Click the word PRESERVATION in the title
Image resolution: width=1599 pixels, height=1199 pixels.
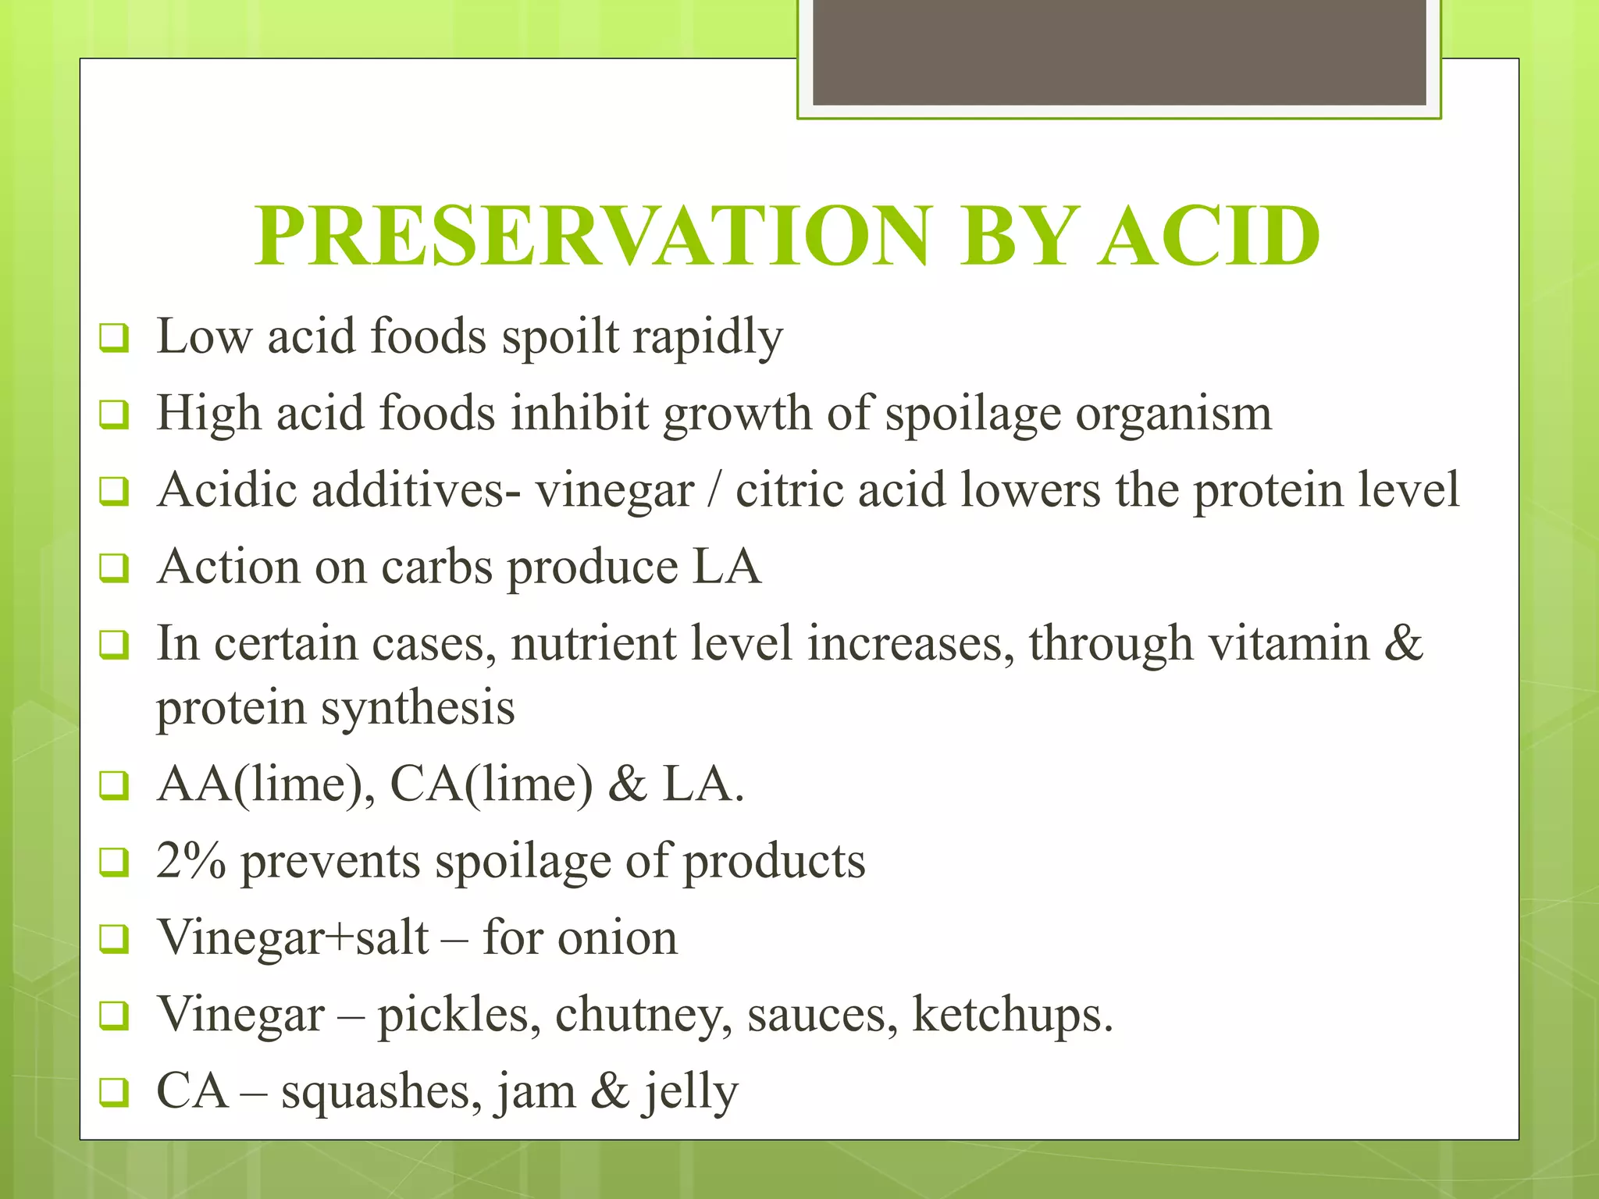pyautogui.click(x=594, y=236)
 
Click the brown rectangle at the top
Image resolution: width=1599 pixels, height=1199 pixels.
pyautogui.click(x=1119, y=52)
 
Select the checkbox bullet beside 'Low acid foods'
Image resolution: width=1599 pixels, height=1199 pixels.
pyautogui.click(x=113, y=339)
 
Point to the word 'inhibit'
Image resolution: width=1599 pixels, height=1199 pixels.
pyautogui.click(x=579, y=413)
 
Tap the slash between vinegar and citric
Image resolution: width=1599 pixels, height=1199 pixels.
pyautogui.click(x=714, y=490)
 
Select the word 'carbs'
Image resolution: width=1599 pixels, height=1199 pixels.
pyautogui.click(x=436, y=567)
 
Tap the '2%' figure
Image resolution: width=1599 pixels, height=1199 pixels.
pyautogui.click(x=191, y=860)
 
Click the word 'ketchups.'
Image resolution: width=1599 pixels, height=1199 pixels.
pyautogui.click(x=1013, y=1015)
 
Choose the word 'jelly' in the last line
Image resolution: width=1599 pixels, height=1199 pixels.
pyautogui.click(x=689, y=1092)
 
